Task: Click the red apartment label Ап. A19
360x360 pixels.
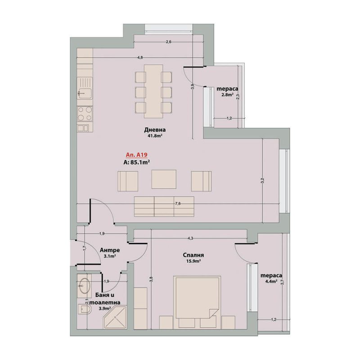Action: pyautogui.click(x=137, y=155)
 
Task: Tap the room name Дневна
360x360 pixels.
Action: pyautogui.click(x=155, y=130)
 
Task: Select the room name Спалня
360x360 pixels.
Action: pyautogui.click(x=193, y=255)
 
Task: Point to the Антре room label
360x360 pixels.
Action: pyautogui.click(x=110, y=250)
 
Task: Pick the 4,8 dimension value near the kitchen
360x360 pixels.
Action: pyautogui.click(x=140, y=58)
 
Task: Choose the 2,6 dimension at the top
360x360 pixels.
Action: pyautogui.click(x=168, y=42)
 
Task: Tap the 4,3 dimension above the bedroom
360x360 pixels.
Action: pyautogui.click(x=190, y=238)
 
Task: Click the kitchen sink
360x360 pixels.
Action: pyautogui.click(x=85, y=88)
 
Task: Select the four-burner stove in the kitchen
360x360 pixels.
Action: pyautogui.click(x=85, y=114)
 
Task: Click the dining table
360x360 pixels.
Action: pyautogui.click(x=153, y=91)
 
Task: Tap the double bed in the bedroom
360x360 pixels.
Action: pyautogui.click(x=198, y=297)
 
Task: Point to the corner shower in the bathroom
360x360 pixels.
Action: pyautogui.click(x=115, y=318)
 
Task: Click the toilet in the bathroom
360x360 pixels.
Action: pyautogui.click(x=85, y=309)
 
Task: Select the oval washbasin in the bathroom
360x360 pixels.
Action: pyautogui.click(x=84, y=286)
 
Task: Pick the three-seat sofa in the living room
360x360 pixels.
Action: pyautogui.click(x=164, y=207)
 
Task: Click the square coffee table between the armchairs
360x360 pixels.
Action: pyautogui.click(x=164, y=180)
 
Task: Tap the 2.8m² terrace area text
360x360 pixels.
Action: pyautogui.click(x=228, y=94)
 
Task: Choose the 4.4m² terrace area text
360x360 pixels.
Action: pyautogui.click(x=271, y=281)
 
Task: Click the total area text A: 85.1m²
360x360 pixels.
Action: pyautogui.click(x=137, y=162)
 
